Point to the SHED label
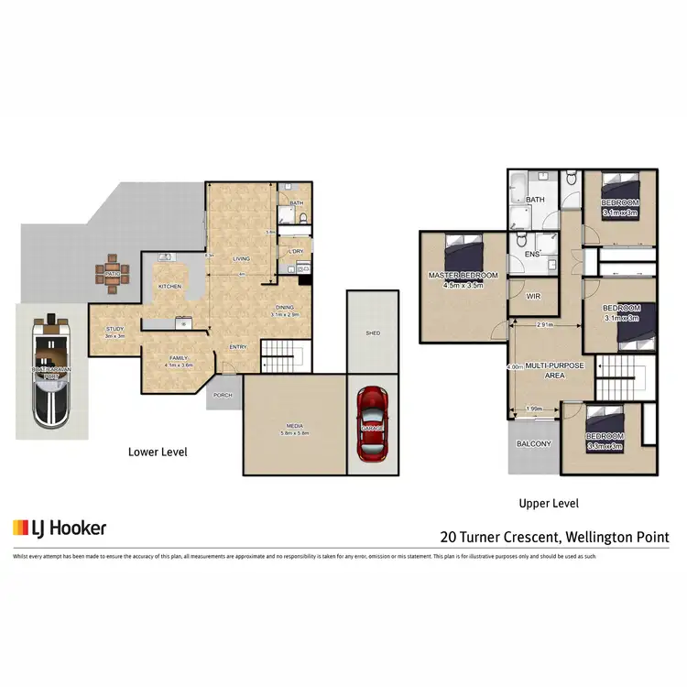click(373, 333)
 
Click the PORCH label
click(223, 395)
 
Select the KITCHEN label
click(170, 287)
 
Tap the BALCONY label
click(534, 443)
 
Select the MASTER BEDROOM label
click(463, 276)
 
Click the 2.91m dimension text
click(547, 325)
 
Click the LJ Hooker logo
click(60, 528)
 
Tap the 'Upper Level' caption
click(549, 503)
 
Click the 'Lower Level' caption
click(157, 452)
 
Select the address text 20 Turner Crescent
click(554, 537)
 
